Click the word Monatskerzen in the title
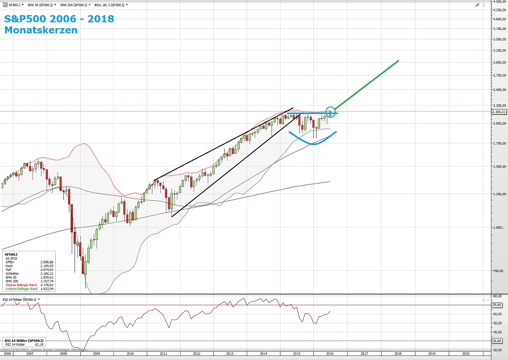click(x=41, y=30)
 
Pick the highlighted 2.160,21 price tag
click(x=498, y=112)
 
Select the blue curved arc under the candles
click(x=312, y=141)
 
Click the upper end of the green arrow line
click(x=398, y=61)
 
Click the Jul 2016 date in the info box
click(x=11, y=258)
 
